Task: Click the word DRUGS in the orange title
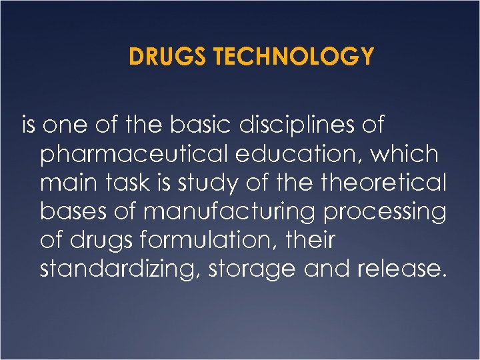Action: [159, 57]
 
